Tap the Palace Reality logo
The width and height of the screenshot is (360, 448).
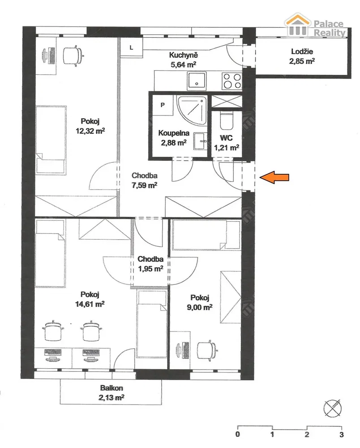tap(316, 26)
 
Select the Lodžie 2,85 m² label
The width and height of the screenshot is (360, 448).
tap(302, 56)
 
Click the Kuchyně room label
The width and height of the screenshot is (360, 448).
tap(183, 55)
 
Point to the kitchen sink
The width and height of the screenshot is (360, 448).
tap(197, 81)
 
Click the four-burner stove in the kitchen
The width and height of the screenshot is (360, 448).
tap(232, 81)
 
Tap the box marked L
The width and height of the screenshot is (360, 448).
tap(131, 47)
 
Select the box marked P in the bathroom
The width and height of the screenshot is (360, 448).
tap(163, 105)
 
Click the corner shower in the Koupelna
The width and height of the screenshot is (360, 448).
tap(192, 110)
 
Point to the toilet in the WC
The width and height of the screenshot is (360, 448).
tap(227, 121)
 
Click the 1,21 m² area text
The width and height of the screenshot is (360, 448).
tap(227, 147)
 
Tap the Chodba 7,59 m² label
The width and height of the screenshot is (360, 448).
tap(145, 180)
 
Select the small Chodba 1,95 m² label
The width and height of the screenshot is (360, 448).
tap(150, 264)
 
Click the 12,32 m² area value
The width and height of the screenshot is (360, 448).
tap(90, 131)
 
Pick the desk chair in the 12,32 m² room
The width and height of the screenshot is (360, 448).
tap(73, 56)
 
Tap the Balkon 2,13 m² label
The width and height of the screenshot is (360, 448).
tap(111, 392)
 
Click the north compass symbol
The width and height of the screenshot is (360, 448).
tap(333, 408)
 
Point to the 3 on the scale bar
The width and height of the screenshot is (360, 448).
tap(342, 435)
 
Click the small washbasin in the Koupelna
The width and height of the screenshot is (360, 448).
tap(201, 141)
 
